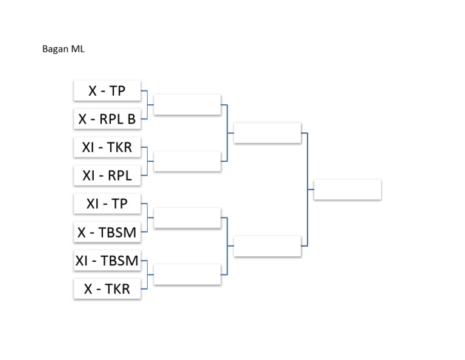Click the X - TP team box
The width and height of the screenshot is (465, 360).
107,91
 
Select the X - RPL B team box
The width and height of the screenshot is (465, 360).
107,119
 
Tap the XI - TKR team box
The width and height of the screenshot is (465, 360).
107,147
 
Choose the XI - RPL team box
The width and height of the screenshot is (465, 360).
107,176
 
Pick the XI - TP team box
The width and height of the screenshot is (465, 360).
107,204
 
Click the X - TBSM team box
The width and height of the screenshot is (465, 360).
107,232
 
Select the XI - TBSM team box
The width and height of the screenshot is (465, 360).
107,261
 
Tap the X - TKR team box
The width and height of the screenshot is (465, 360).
107,289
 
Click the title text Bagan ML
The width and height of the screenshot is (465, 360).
63,49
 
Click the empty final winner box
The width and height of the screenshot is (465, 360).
348,190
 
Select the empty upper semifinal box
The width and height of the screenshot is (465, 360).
267,133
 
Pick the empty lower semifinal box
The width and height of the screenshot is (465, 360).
267,246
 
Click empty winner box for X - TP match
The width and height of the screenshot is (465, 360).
187,105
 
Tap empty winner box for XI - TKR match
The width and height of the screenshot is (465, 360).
187,161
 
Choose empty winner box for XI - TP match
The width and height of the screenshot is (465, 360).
187,218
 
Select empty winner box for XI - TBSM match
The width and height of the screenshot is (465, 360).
187,275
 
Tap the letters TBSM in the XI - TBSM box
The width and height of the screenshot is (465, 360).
120,261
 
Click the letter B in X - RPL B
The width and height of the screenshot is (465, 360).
131,119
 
